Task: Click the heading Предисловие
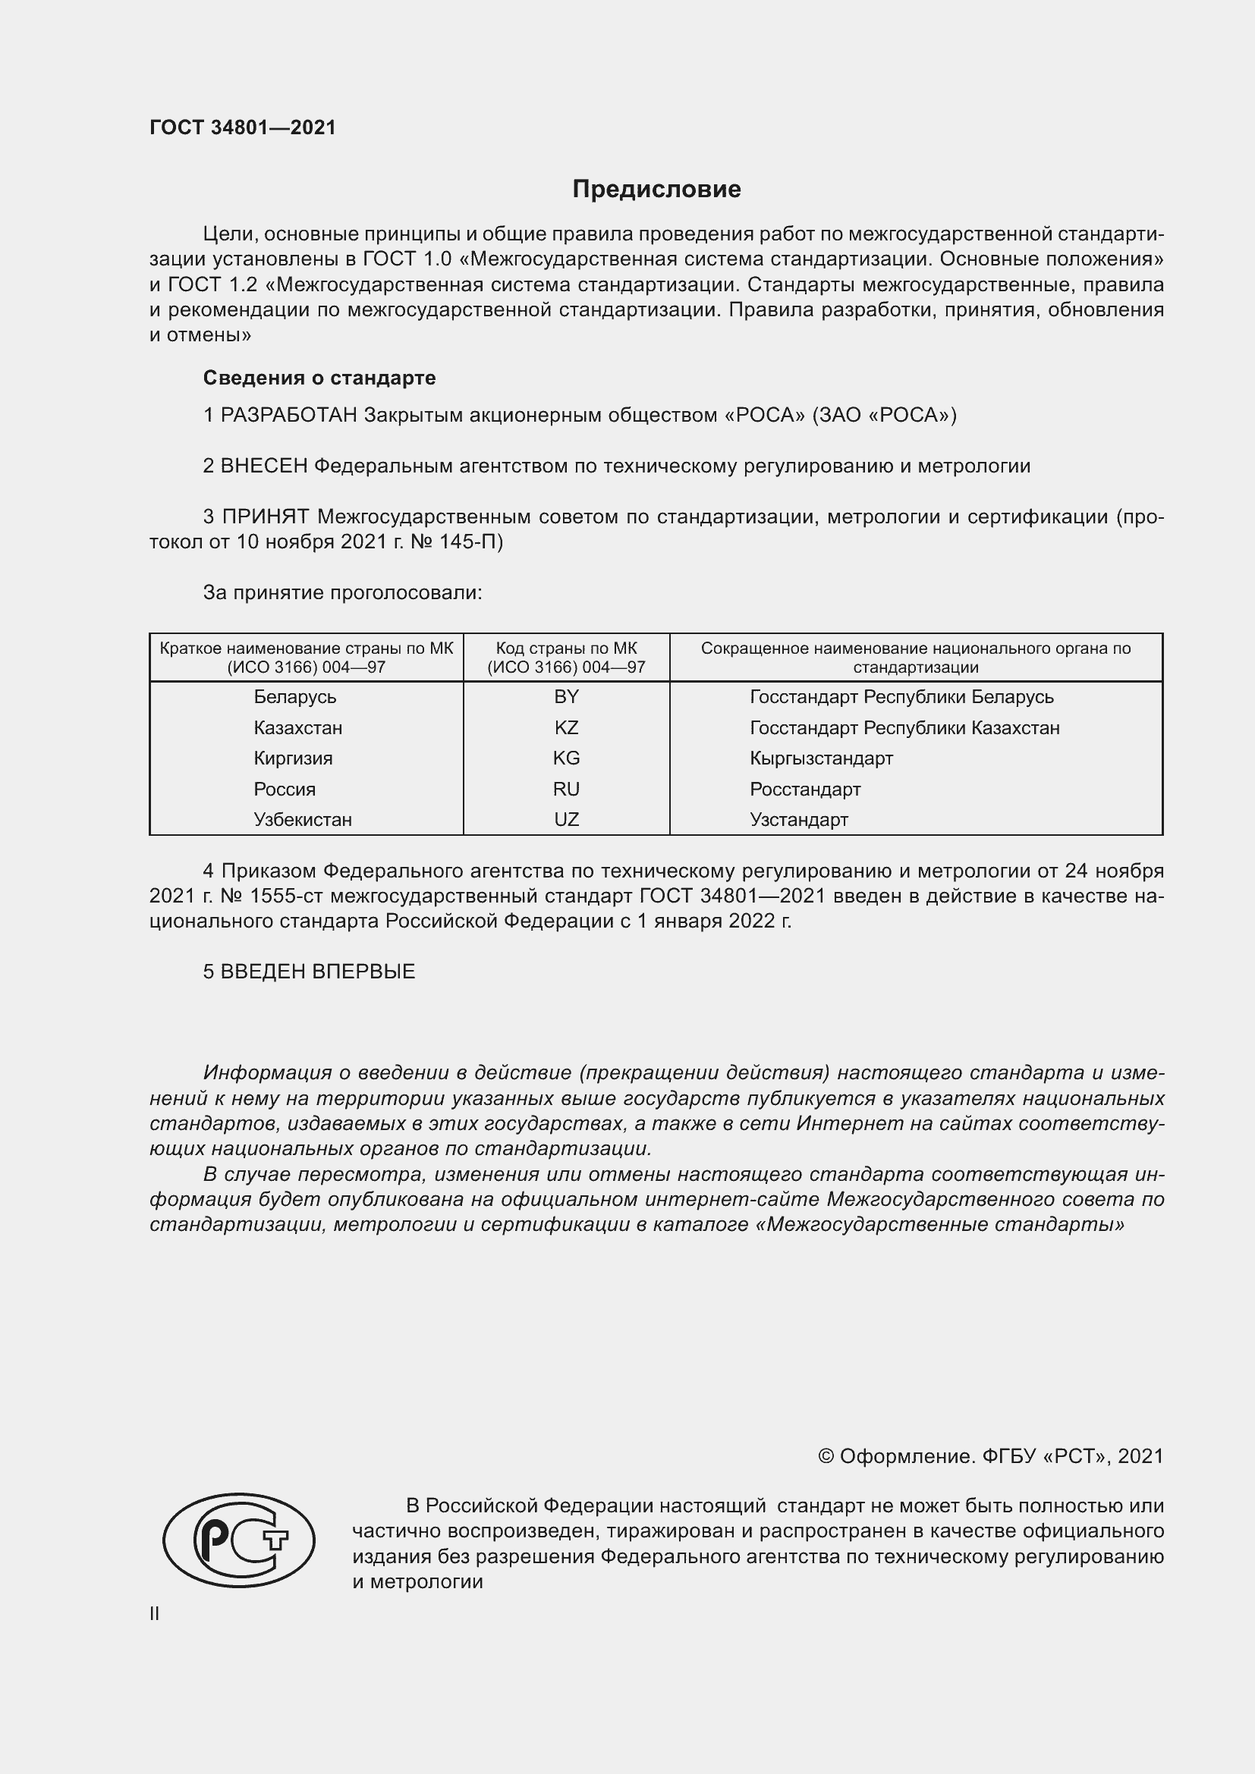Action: [656, 190]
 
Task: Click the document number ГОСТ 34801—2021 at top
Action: [243, 127]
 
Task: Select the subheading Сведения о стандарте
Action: [319, 378]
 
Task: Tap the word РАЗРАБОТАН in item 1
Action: [289, 416]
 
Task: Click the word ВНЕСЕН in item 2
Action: [264, 466]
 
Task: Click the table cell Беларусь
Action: [294, 697]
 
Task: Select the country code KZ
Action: [566, 728]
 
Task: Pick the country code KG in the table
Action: [566, 758]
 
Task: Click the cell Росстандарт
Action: [804, 789]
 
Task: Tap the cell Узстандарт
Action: [798, 820]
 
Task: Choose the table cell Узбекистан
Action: [302, 820]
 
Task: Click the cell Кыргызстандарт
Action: [821, 758]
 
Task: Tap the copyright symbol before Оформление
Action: [826, 1456]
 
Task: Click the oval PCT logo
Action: [239, 1540]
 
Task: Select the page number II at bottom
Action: [155, 1613]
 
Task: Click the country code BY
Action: [566, 697]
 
